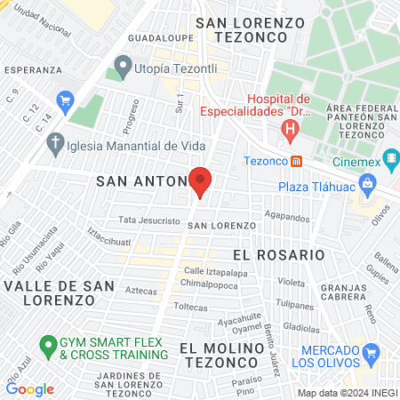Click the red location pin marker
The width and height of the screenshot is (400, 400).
(200, 180)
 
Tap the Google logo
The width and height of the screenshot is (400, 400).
(29, 388)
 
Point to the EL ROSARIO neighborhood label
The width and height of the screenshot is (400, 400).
(278, 254)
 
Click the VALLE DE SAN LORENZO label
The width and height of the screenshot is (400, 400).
(59, 292)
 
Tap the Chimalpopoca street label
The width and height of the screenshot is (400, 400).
(206, 283)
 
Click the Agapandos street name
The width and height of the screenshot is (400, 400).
(286, 216)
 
